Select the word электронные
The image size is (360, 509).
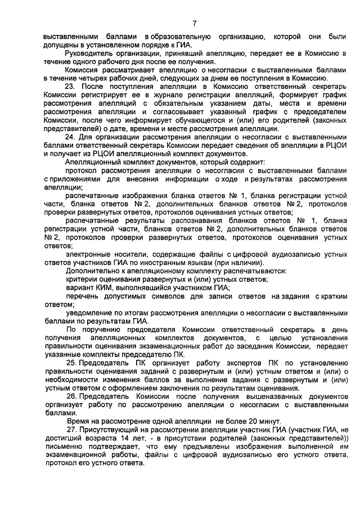tap(90, 255)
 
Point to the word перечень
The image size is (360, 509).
tap(83, 296)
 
